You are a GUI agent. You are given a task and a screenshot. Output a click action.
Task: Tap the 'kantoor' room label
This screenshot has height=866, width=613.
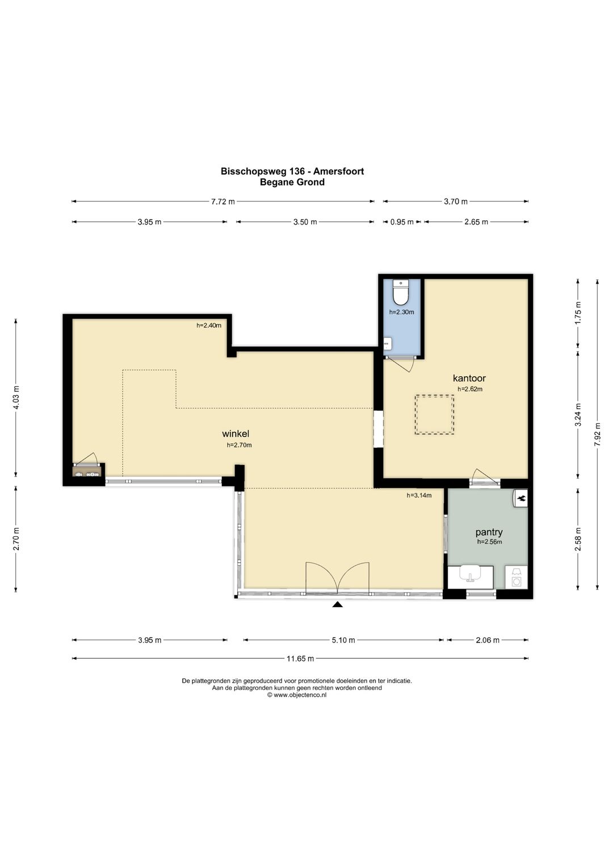click(x=469, y=378)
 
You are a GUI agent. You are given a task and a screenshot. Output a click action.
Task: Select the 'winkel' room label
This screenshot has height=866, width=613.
click(x=235, y=434)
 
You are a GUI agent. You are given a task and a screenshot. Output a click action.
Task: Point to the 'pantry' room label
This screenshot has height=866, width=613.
click(x=489, y=533)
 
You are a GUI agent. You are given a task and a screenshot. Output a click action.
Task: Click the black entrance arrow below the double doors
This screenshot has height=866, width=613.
click(x=338, y=604)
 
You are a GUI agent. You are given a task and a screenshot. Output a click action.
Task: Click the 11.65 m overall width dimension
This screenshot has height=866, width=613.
click(x=300, y=658)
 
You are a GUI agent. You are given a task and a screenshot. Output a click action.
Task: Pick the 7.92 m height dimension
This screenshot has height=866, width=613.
click(x=598, y=435)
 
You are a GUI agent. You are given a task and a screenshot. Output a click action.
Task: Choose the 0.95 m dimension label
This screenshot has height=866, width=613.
click(x=402, y=222)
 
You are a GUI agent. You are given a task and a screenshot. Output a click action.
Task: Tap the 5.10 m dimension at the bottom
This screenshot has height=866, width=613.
click(x=343, y=640)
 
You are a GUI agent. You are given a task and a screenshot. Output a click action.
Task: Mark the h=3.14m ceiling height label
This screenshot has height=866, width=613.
click(x=419, y=495)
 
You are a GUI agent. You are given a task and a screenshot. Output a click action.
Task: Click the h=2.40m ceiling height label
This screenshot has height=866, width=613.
click(x=209, y=325)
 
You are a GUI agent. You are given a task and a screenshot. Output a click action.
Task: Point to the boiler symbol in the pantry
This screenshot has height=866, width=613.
click(x=520, y=498)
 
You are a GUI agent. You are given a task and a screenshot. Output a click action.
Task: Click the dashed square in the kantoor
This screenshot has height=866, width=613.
click(x=434, y=414)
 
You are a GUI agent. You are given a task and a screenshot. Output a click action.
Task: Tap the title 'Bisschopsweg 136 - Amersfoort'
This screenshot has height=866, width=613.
click(x=292, y=171)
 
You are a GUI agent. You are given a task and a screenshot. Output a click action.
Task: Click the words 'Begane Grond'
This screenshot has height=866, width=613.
click(x=292, y=182)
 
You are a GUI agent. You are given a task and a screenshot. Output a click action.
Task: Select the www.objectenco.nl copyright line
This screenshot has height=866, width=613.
click(x=297, y=695)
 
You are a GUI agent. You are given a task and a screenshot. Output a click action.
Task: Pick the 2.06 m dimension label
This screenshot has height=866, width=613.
click(x=488, y=640)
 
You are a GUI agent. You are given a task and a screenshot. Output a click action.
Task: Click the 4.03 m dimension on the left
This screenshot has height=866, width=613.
click(x=16, y=398)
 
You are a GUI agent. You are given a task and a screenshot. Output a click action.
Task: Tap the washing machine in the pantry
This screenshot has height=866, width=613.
click(x=517, y=577)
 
